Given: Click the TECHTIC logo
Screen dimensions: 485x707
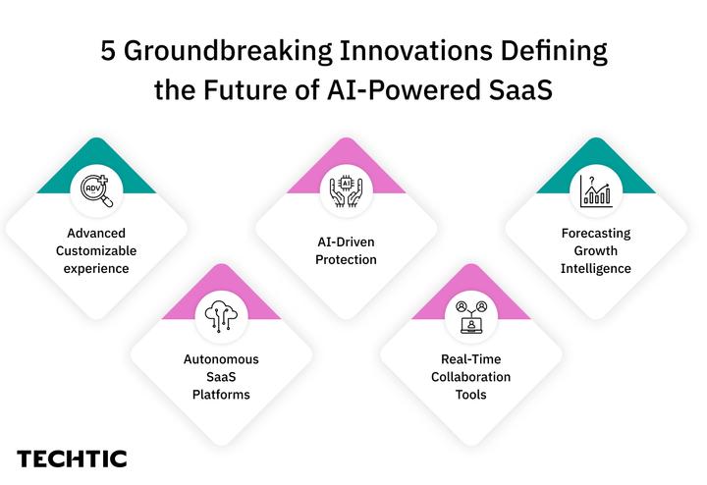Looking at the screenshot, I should (72, 458).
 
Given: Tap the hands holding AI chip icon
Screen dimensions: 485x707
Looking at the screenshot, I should (346, 189).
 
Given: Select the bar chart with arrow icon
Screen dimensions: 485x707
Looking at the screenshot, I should (595, 189).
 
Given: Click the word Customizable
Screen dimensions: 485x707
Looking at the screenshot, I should (96, 251).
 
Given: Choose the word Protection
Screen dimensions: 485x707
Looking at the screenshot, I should (346, 260).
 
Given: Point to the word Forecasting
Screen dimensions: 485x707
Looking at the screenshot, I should (595, 234).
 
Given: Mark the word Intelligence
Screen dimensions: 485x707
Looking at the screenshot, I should (595, 269).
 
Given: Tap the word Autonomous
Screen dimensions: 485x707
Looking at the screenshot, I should (221, 359).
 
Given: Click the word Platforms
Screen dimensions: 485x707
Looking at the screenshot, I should (221, 395).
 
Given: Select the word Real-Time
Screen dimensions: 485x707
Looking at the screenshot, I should (470, 359).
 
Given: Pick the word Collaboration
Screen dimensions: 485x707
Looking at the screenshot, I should (470, 377).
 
